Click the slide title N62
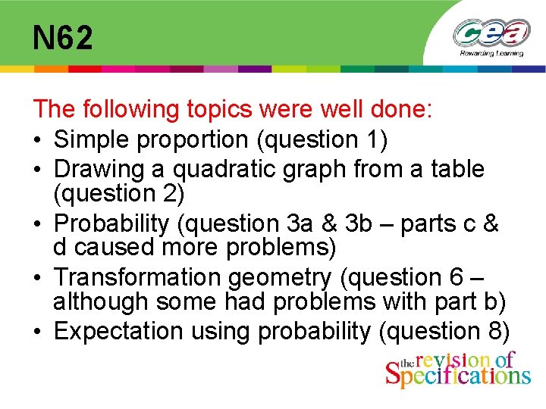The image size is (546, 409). click(x=63, y=37)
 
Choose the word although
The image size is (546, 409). click(x=99, y=301)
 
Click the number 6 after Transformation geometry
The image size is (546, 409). click(x=461, y=278)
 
